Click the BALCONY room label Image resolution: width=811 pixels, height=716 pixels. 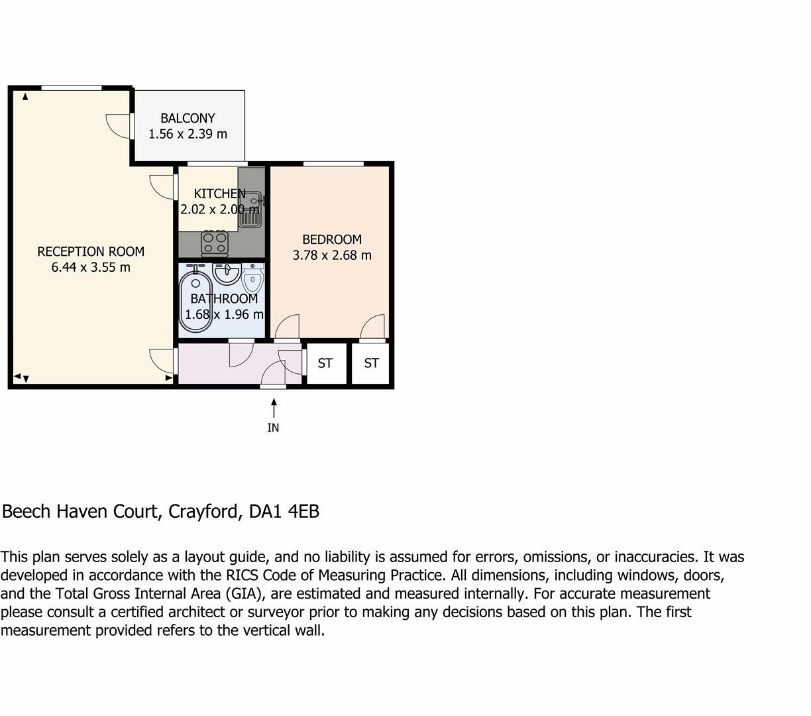(188, 118)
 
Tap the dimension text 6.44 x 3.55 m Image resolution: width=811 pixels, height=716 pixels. (91, 267)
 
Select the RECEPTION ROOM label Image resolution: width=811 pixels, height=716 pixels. (91, 251)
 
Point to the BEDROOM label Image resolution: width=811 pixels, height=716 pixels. (332, 239)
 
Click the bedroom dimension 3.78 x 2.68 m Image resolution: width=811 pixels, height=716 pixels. (332, 255)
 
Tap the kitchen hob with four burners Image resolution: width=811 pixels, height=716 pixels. (215, 243)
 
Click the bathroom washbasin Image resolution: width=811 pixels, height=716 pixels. (227, 272)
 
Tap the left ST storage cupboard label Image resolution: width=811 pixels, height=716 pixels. (325, 363)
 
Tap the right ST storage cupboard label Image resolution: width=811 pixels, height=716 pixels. (372, 363)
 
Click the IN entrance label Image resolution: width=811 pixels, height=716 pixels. (273, 428)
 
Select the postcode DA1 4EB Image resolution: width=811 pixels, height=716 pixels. (284, 512)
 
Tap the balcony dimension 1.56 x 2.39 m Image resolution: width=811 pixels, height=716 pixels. (188, 134)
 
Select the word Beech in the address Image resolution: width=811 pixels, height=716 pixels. (27, 512)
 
